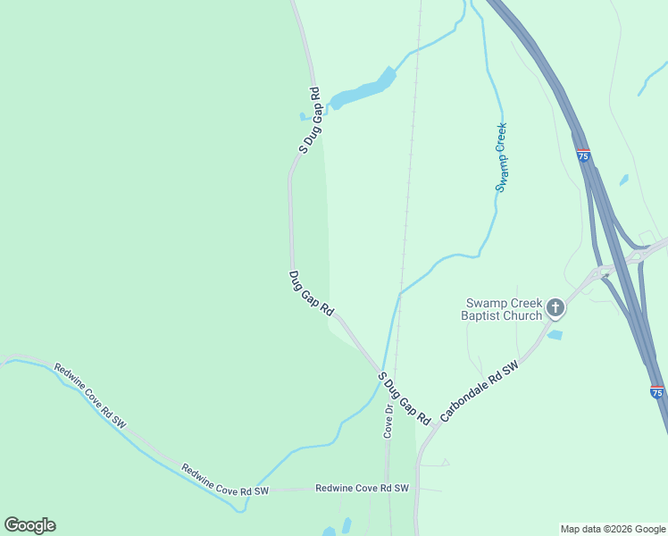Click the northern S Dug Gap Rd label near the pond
tap(309, 121)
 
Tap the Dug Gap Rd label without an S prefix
tap(312, 294)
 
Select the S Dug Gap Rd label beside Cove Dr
tap(405, 398)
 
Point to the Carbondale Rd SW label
tap(480, 391)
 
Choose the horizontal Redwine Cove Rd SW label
tap(362, 489)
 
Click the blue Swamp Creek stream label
tap(502, 156)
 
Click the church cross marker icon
tap(555, 309)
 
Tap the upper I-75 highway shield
tap(583, 156)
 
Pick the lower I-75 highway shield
tap(656, 392)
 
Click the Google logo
tap(29, 525)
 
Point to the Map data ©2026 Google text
tap(614, 529)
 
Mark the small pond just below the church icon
tap(555, 335)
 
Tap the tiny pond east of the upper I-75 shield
tap(622, 180)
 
